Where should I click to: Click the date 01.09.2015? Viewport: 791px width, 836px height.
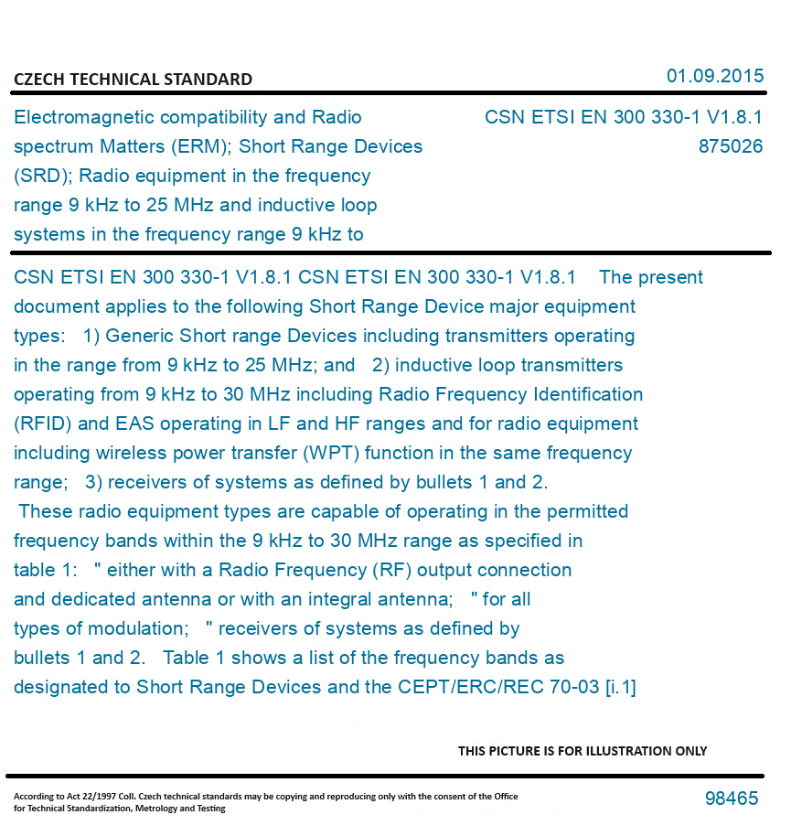pos(714,76)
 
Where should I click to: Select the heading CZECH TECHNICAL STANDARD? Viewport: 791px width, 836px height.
pos(133,80)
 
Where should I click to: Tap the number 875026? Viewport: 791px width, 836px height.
pos(730,146)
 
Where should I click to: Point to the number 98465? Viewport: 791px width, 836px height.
pos(732,798)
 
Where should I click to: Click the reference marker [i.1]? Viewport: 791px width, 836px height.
pos(620,687)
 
